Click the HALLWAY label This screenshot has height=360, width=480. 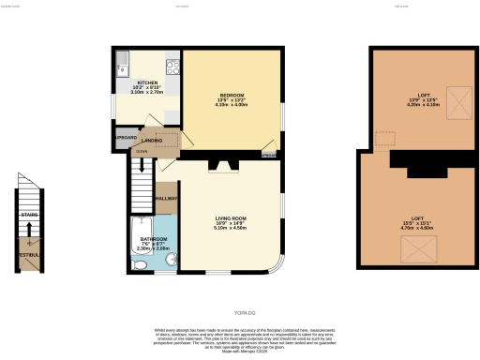(x=167, y=199)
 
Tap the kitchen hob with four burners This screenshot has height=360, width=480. (x=173, y=67)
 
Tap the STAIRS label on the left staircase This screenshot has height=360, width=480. (x=28, y=214)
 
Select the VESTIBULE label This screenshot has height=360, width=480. (x=28, y=255)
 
